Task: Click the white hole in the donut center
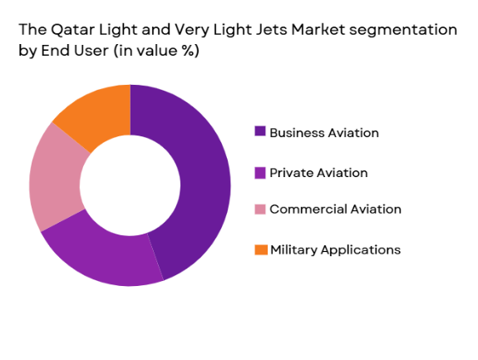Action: point(130,185)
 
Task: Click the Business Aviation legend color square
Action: point(260,132)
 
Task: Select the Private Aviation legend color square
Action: point(260,173)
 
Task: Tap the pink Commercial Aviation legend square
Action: point(260,210)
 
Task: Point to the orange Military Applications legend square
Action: point(260,249)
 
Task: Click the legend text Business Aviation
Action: point(324,132)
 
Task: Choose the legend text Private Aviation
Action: point(318,173)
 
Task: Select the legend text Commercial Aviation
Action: point(335,210)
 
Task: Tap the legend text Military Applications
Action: point(335,249)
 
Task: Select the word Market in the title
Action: point(295,30)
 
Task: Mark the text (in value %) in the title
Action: point(158,51)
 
